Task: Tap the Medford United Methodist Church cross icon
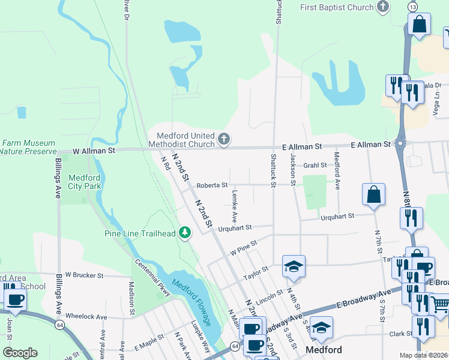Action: [x=224, y=140]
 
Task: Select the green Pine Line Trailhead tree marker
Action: [x=185, y=232]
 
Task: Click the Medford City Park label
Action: [x=84, y=182]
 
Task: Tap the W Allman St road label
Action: [x=94, y=152]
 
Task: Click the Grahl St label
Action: [x=314, y=165]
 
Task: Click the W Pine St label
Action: [x=243, y=247]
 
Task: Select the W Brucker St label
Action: [x=85, y=275]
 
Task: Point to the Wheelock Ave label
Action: [x=86, y=316]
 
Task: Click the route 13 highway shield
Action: [x=412, y=6]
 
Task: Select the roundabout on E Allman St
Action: [x=401, y=144]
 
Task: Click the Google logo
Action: [x=20, y=352]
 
